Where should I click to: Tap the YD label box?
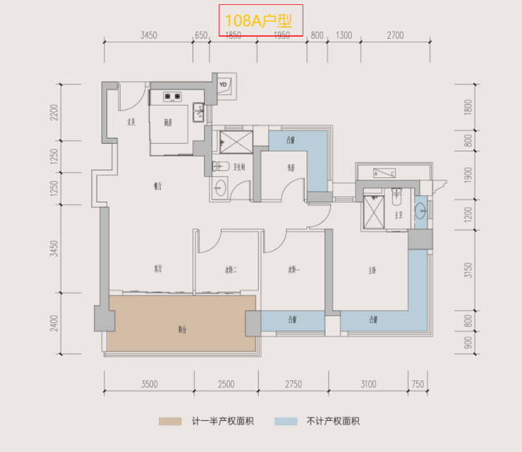coord(224,85)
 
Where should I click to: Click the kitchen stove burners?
coord(173,96)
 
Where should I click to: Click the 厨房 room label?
coord(168,123)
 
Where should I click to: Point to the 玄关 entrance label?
coord(130,123)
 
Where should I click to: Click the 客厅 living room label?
coord(158,269)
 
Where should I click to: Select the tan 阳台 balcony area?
coord(181,328)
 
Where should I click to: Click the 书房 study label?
coord(290,168)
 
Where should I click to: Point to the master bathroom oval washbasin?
coord(421,210)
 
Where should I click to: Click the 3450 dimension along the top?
coord(148,35)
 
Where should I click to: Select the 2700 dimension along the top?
coord(395,35)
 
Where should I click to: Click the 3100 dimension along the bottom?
coord(368,384)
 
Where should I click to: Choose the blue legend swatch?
coord(286,422)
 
